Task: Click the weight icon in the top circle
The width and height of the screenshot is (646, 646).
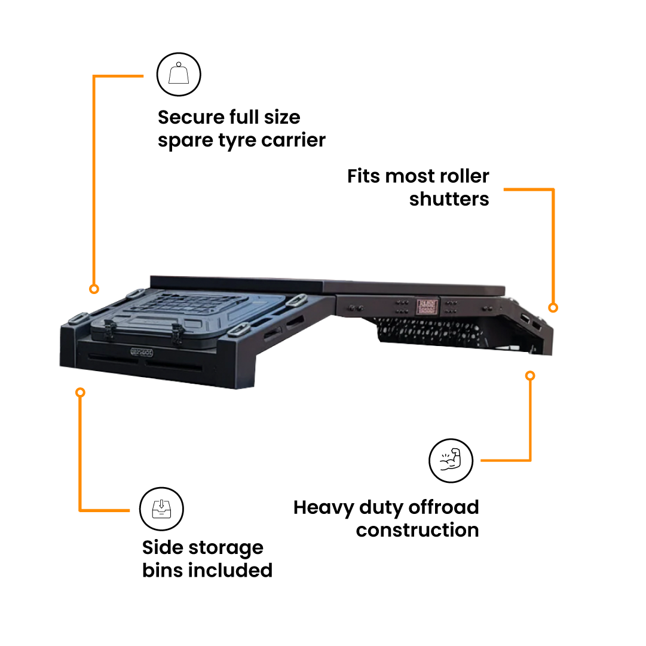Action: pyautogui.click(x=179, y=75)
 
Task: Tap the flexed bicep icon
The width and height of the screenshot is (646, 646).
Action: pyautogui.click(x=451, y=461)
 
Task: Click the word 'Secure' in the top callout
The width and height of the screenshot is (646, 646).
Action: pyautogui.click(x=191, y=117)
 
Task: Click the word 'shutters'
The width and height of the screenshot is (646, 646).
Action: pyautogui.click(x=449, y=199)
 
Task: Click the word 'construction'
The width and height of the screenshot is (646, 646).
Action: pyautogui.click(x=417, y=530)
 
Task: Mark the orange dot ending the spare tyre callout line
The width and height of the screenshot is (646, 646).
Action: pyautogui.click(x=94, y=289)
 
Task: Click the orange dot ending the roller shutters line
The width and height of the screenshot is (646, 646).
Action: pyautogui.click(x=553, y=308)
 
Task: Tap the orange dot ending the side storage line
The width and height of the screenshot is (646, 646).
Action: pyautogui.click(x=80, y=393)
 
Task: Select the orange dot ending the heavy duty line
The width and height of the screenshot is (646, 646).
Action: pyautogui.click(x=530, y=376)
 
